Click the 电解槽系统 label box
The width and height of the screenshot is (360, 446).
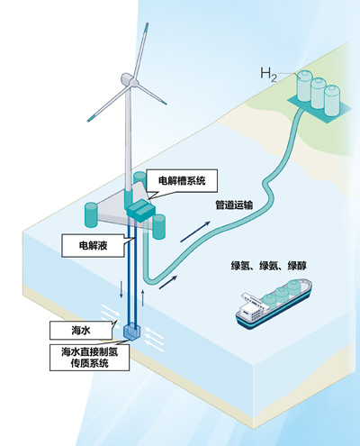[182, 181]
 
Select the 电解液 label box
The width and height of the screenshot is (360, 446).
[93, 246]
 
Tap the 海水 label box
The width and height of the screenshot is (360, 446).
[81, 331]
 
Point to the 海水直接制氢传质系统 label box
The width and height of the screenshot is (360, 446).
[89, 358]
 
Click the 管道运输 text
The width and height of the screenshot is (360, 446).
[234, 205]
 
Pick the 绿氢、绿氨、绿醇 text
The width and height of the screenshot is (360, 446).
[269, 266]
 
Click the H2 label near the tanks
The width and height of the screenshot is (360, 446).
[268, 75]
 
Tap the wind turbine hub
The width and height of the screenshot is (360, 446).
[133, 82]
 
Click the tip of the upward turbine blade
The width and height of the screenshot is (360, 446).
[147, 23]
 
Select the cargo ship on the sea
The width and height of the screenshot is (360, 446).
[274, 304]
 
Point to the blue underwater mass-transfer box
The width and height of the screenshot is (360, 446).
[132, 332]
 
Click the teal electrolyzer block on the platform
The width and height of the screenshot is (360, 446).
[140, 211]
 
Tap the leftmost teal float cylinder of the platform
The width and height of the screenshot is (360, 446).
[91, 214]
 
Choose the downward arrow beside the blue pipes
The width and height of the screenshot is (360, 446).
[121, 289]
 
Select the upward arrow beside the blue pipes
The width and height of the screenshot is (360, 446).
[143, 298]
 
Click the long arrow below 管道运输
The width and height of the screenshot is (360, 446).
[195, 232]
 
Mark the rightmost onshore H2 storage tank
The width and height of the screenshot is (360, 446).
[332, 100]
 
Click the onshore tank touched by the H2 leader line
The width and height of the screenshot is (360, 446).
[305, 86]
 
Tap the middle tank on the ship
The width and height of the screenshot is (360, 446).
[283, 296]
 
